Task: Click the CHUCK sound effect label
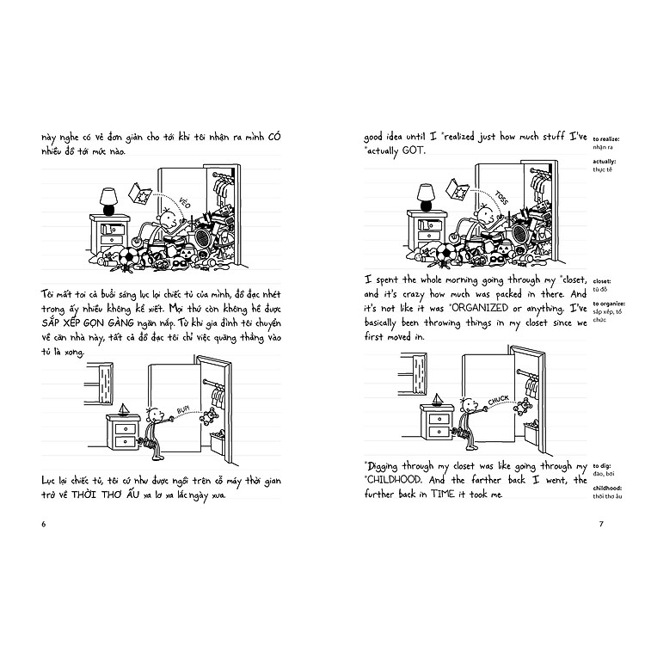(498, 400)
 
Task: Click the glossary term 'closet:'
(602, 280)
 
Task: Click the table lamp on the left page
(108, 201)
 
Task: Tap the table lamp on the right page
(425, 199)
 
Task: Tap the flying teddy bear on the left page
(209, 417)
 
